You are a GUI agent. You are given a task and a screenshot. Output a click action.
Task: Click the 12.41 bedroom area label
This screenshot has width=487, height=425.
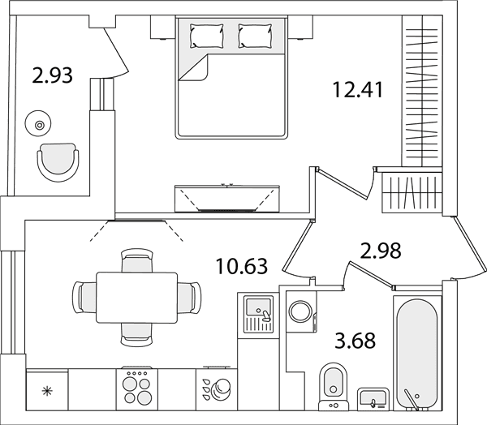pyautogui.click(x=358, y=89)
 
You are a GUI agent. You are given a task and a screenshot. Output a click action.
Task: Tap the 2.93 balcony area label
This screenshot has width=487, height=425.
pyautogui.click(x=52, y=75)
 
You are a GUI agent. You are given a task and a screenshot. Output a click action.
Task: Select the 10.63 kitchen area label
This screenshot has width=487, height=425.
pyautogui.click(x=242, y=266)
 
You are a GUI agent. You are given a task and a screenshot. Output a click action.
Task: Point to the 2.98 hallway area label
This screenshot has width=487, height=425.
pyautogui.click(x=381, y=251)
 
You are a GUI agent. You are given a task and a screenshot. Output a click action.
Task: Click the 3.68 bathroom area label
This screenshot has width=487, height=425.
pyautogui.click(x=356, y=341)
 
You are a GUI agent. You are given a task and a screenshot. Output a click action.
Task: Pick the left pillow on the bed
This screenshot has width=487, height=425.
pyautogui.click(x=207, y=36)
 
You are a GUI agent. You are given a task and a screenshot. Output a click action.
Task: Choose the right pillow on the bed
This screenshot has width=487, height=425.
pyautogui.click(x=256, y=36)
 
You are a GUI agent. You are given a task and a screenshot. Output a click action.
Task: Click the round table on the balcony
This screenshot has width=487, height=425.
pyautogui.click(x=38, y=124)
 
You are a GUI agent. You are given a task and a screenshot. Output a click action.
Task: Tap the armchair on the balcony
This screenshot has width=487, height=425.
pyautogui.click(x=58, y=162)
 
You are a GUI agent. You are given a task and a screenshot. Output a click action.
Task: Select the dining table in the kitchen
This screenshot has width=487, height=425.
pyautogui.click(x=137, y=298)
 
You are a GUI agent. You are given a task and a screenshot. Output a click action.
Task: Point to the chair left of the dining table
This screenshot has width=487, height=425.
pyautogui.click(x=84, y=298)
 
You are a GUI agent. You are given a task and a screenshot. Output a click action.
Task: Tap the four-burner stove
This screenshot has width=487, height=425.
pyautogui.click(x=137, y=389)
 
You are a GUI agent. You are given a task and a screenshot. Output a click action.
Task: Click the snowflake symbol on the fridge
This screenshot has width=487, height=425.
pyautogui.click(x=48, y=391)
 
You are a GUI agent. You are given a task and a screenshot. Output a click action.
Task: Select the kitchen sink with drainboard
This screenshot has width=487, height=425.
pyautogui.click(x=258, y=314)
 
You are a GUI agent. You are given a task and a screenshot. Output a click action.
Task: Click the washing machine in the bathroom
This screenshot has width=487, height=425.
pyautogui.click(x=301, y=311)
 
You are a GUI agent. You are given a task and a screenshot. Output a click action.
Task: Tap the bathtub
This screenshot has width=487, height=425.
pyautogui.click(x=417, y=354)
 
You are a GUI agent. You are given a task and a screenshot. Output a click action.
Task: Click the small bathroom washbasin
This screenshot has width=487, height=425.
pyautogui.click(x=373, y=399)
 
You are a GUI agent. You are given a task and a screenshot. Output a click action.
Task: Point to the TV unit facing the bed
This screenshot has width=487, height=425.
pyautogui.click(x=227, y=199)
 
